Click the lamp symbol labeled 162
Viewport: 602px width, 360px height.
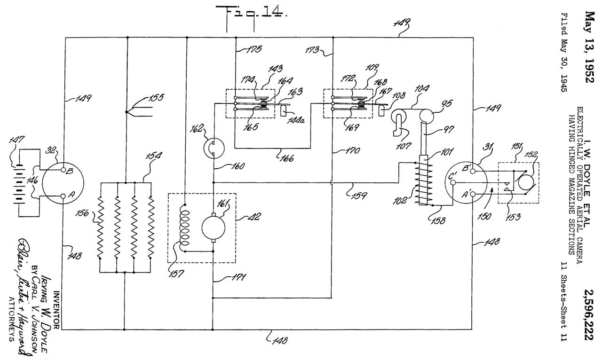pos(214,149)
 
